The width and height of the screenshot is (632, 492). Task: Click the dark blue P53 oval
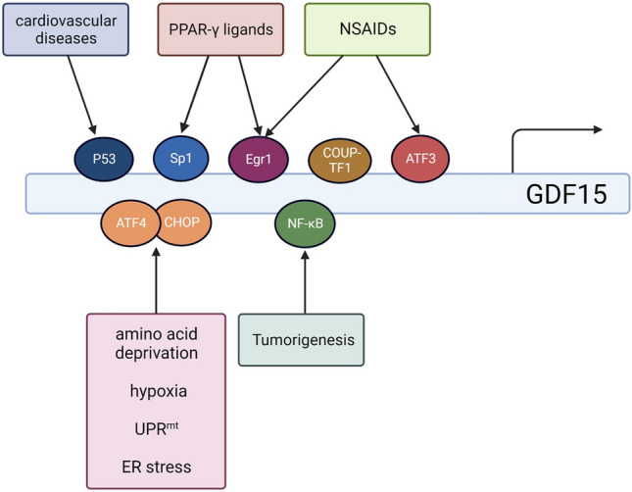[104, 159]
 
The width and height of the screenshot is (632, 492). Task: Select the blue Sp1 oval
[181, 158]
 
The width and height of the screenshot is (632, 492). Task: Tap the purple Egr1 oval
[259, 159]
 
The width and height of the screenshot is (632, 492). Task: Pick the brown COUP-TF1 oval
[340, 160]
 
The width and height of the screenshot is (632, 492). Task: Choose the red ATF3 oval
[420, 159]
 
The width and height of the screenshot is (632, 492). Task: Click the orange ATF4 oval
[129, 223]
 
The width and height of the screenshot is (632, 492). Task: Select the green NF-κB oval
[305, 223]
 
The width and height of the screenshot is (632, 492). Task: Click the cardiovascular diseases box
[66, 29]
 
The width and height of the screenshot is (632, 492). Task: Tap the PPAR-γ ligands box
[220, 29]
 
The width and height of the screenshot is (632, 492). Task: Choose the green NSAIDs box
[367, 29]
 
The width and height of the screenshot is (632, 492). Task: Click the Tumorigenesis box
[301, 340]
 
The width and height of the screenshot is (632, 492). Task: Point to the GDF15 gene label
[566, 194]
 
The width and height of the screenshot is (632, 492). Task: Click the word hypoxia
[159, 391]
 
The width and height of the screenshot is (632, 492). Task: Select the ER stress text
[157, 467]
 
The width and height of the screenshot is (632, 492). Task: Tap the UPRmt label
[157, 428]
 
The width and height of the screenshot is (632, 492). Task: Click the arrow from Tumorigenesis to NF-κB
[305, 282]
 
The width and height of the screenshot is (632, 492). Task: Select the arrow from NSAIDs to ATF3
[398, 94]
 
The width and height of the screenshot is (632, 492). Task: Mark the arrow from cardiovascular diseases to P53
[82, 95]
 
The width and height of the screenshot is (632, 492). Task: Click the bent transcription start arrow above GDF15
[536, 129]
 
